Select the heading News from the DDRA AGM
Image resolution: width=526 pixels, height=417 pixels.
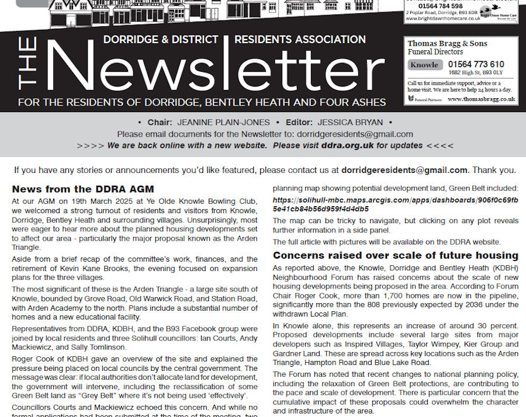click(x=82, y=189)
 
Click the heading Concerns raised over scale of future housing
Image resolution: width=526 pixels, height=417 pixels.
click(x=396, y=255)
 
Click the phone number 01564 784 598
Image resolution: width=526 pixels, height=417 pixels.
click(x=440, y=6)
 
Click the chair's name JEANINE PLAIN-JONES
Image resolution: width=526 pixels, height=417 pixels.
click(x=223, y=123)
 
